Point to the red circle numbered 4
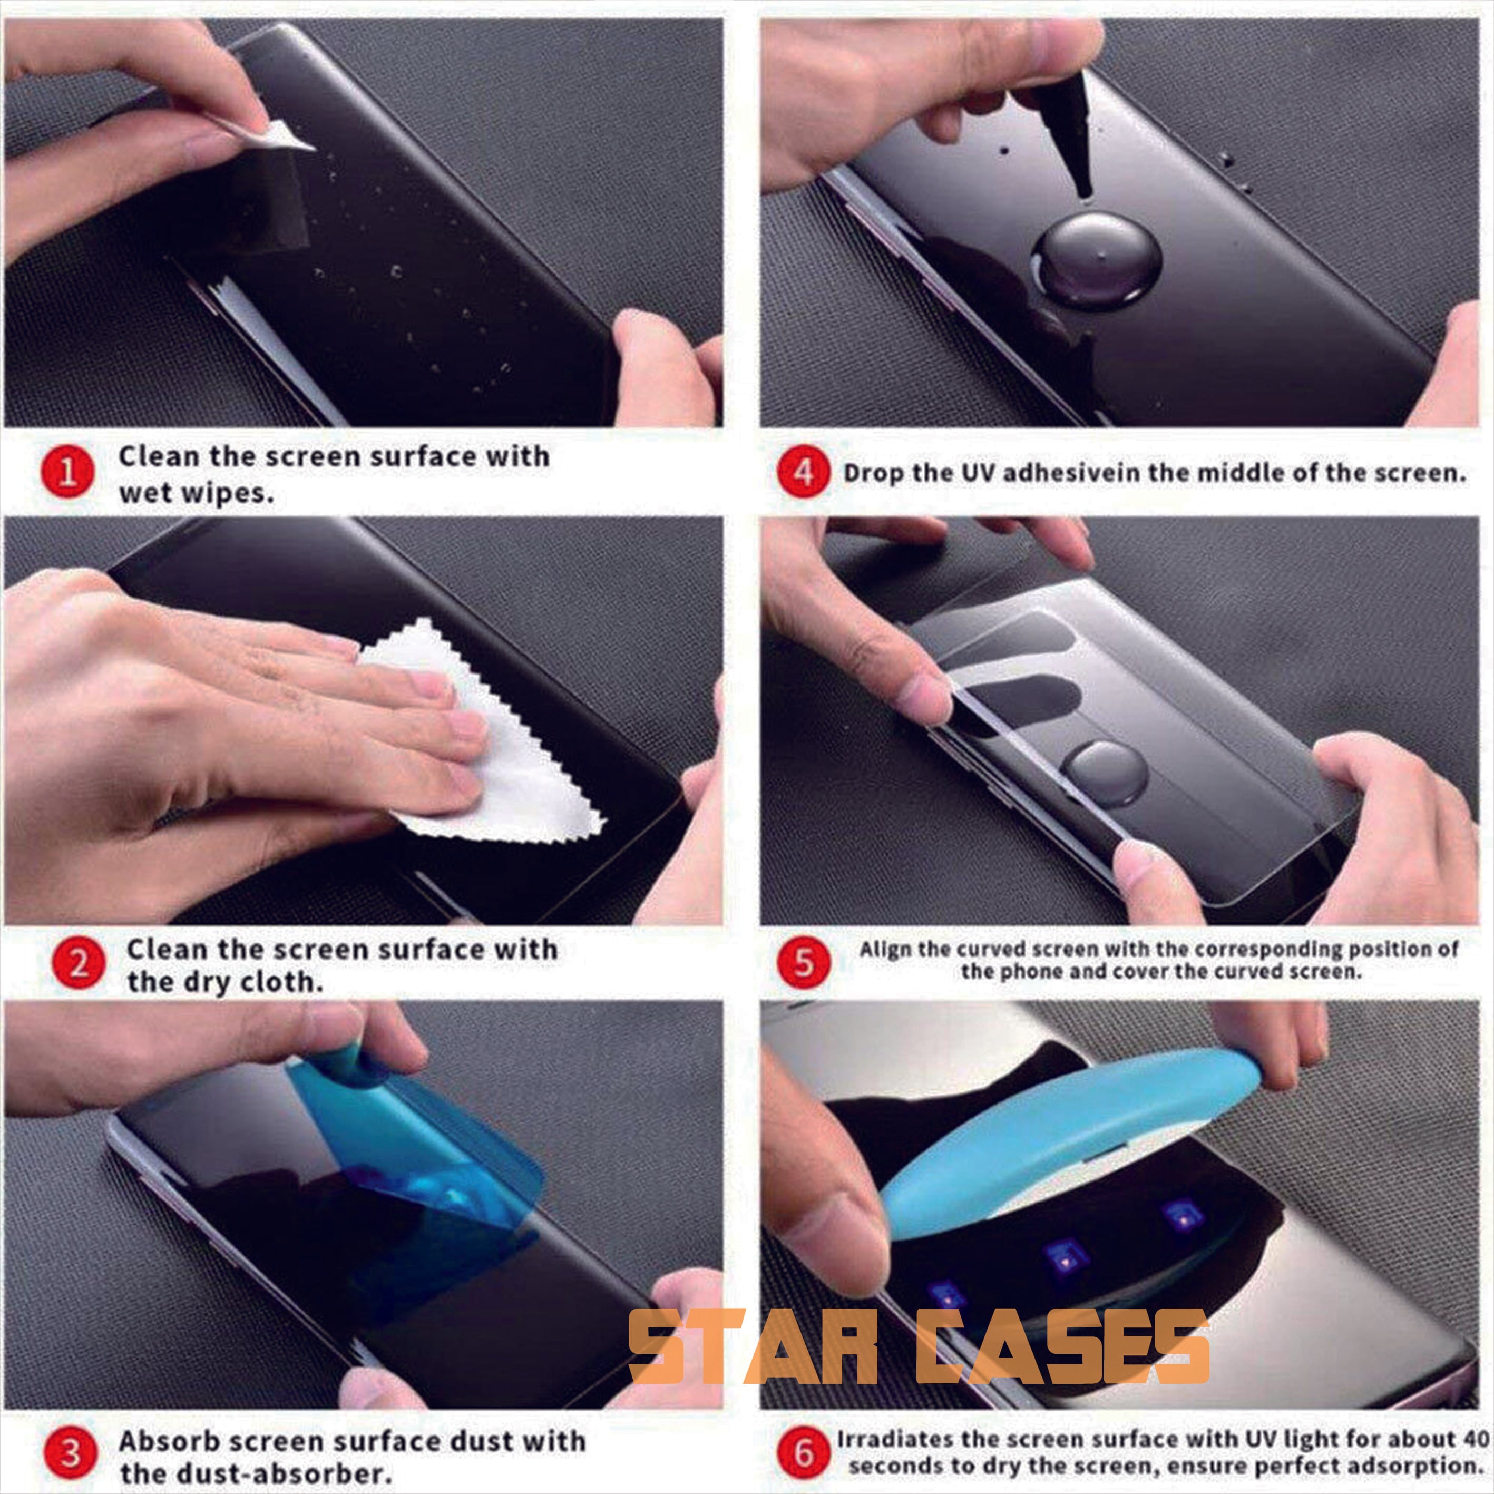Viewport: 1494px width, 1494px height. [804, 473]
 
